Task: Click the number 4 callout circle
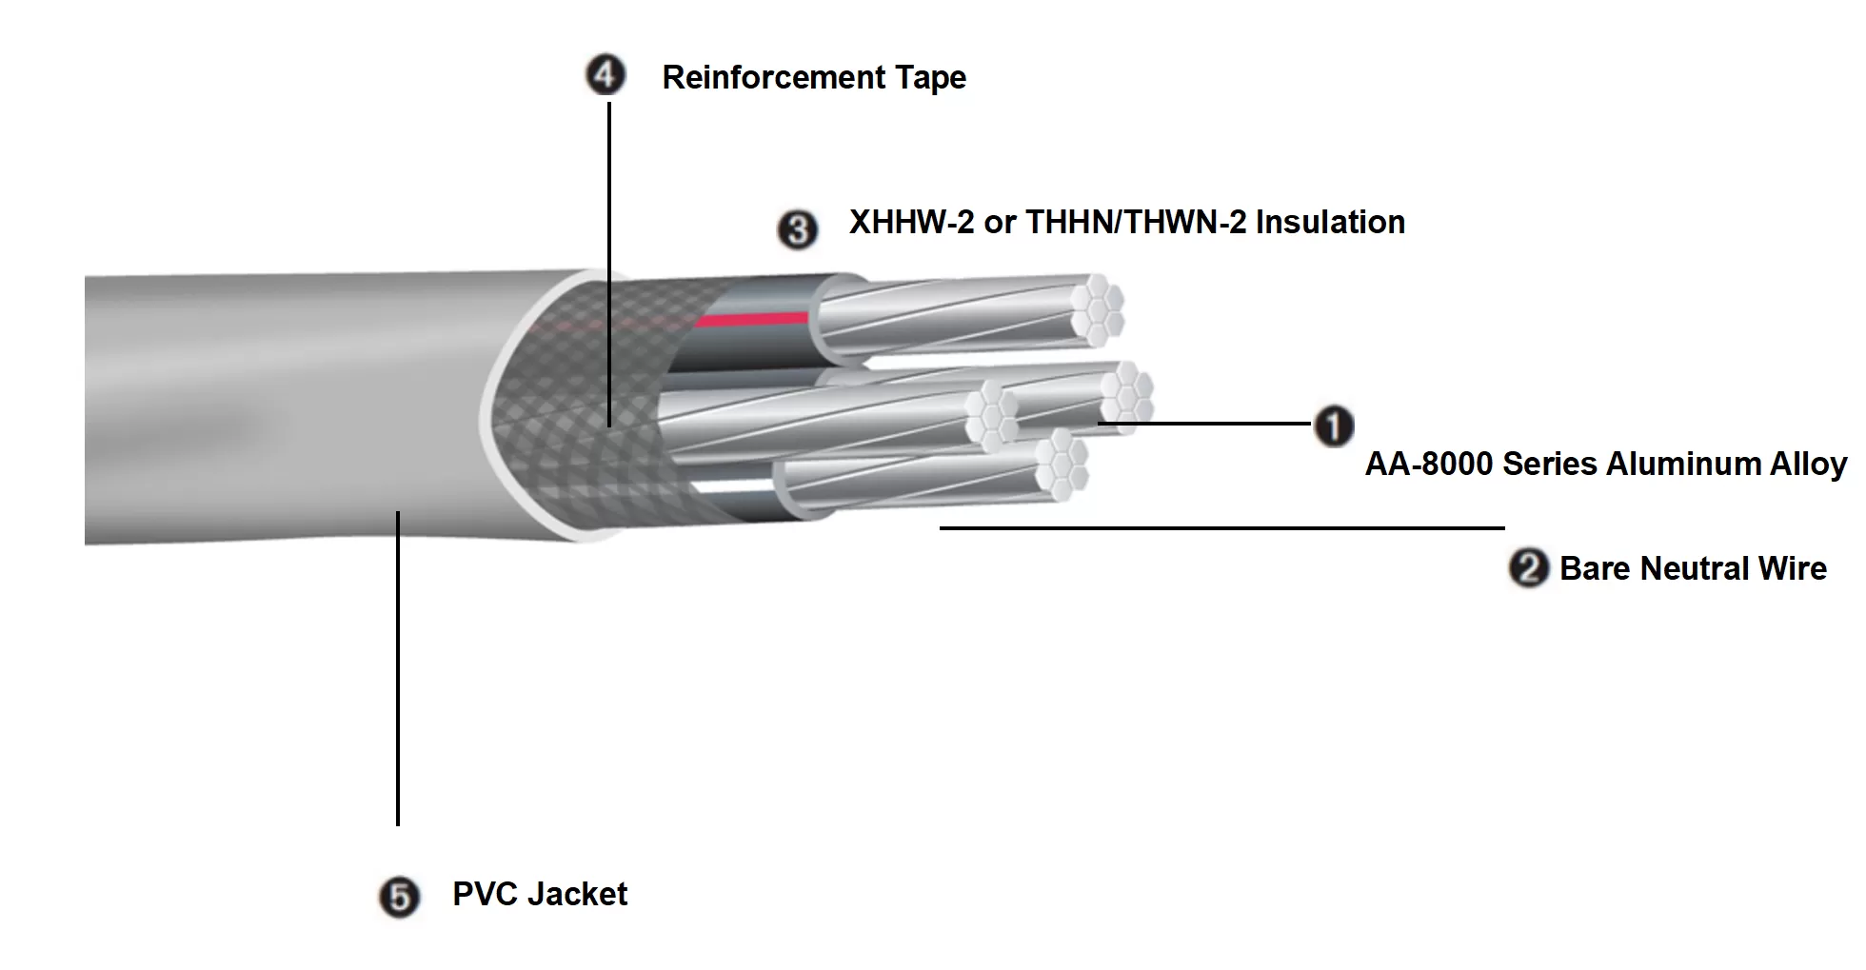tap(605, 76)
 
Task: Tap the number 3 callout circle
tap(798, 230)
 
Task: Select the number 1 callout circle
tap(1334, 426)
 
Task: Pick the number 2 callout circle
tap(1529, 568)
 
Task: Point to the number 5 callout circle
tap(399, 898)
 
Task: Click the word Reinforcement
tap(773, 77)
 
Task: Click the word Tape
tap(929, 78)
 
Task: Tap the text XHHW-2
tap(911, 222)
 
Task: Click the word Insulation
tap(1330, 222)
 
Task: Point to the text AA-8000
tap(1428, 464)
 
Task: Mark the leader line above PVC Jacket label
tap(398, 666)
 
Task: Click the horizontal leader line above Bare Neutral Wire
tap(1221, 527)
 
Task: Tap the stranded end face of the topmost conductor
tap(1097, 308)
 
